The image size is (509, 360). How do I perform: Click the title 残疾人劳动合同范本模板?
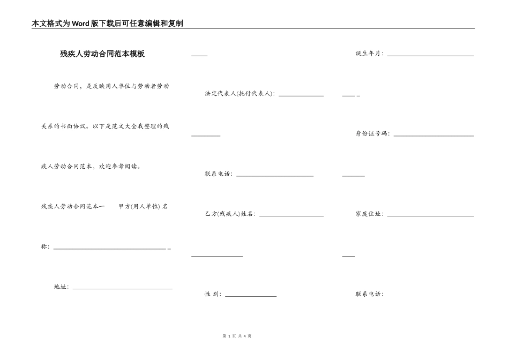[102, 54]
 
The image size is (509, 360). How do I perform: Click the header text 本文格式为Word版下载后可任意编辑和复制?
[108, 24]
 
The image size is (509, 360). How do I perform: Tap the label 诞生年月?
[369, 54]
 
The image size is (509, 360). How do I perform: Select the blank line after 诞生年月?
[430, 55]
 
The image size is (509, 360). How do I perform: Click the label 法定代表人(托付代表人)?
[239, 94]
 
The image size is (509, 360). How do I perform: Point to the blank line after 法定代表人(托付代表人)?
[301, 95]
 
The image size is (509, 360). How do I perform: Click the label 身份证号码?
[372, 134]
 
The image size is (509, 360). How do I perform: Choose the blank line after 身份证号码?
[433, 136]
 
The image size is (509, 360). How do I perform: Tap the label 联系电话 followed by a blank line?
[218, 174]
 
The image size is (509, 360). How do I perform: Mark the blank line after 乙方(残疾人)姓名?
[291, 216]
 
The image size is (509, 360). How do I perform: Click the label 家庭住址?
[369, 214]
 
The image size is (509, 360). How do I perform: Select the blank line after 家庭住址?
[430, 216]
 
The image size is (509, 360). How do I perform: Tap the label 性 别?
[213, 294]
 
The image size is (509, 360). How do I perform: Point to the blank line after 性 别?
[251, 296]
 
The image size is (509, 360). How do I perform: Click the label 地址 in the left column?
[61, 287]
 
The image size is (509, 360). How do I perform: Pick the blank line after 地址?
[122, 289]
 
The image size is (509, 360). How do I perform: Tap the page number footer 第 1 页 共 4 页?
[236, 336]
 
